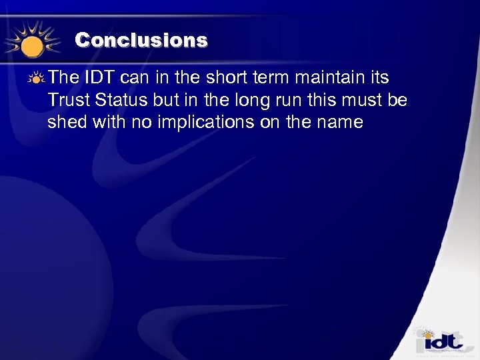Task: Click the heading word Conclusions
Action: pos(141,40)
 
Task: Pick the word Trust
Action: pos(69,101)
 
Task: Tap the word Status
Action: pos(119,101)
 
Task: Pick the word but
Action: pos(162,101)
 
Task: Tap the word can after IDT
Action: pos(136,79)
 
